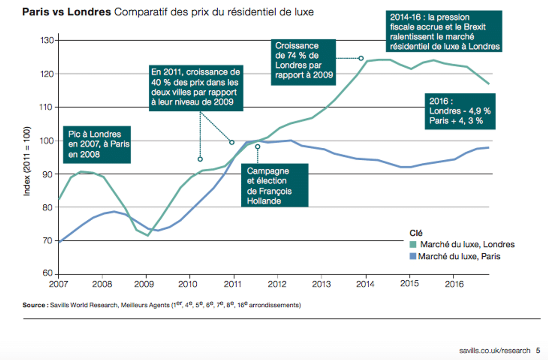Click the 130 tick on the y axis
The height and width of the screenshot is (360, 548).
47,40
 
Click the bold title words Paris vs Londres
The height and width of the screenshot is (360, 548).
66,12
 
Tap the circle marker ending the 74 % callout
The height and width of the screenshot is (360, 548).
361,58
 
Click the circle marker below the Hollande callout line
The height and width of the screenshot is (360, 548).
257,146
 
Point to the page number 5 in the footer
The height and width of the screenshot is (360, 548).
538,350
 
